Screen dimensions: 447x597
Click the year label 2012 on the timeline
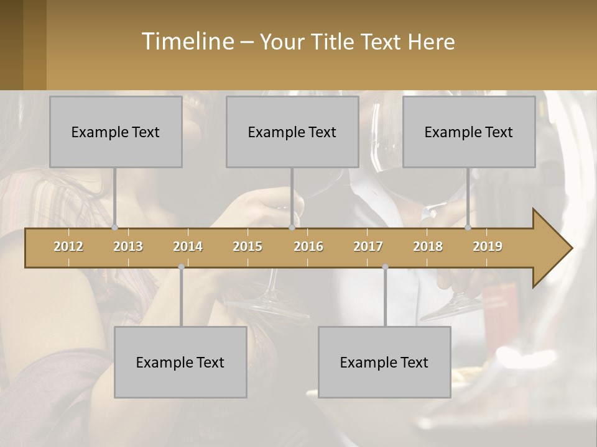click(68, 246)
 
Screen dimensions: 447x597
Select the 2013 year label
click(128, 246)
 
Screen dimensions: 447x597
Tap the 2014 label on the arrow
click(188, 246)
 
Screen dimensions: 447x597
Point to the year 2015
click(248, 246)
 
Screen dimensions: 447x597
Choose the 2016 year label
click(308, 246)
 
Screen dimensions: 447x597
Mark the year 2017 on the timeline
click(368, 246)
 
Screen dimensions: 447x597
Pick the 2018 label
click(428, 246)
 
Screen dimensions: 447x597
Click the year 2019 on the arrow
click(488, 246)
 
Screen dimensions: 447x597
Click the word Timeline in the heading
click(187, 42)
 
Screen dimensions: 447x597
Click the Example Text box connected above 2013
click(116, 132)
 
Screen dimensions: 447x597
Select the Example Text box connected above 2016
click(292, 132)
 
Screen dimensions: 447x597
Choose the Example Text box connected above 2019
click(469, 132)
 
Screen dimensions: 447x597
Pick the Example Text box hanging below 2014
click(180, 362)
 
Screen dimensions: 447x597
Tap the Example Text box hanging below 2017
click(384, 362)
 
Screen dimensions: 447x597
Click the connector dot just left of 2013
click(114, 228)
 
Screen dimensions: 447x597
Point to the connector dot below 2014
click(181, 267)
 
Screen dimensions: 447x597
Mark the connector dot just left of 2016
click(292, 228)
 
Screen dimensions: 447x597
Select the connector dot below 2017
click(385, 267)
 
